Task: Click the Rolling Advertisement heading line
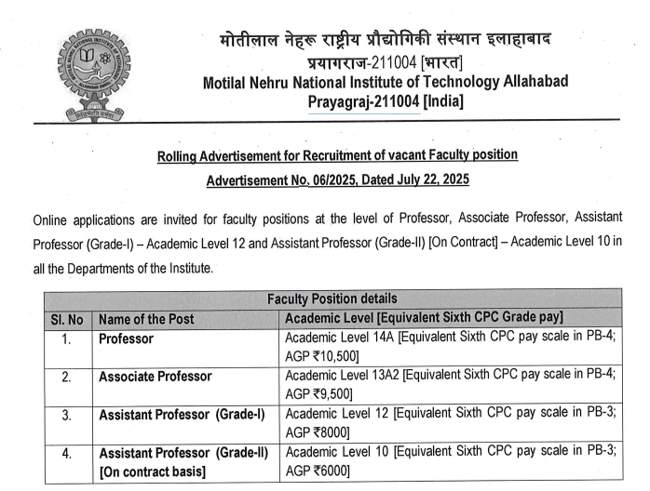(337, 155)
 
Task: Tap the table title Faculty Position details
(332, 299)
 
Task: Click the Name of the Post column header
(146, 319)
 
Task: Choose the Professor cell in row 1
(126, 338)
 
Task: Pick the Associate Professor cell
(155, 377)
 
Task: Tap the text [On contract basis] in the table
(152, 471)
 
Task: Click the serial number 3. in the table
(66, 415)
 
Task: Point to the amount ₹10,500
(332, 356)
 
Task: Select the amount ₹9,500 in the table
(330, 394)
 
